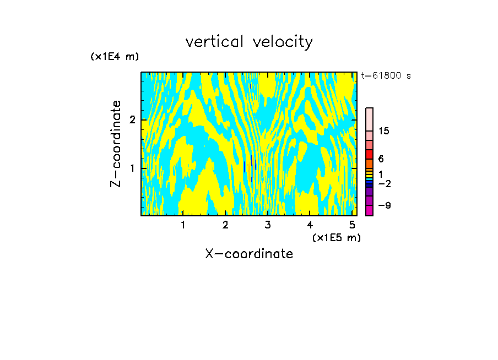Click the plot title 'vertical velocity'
(249, 42)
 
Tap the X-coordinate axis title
(249, 254)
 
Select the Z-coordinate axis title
(116, 144)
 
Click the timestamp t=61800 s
(386, 76)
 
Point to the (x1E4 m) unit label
(115, 57)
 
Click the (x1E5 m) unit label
(336, 237)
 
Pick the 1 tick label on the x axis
(183, 225)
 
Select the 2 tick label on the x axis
(225, 225)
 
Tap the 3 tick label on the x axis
(268, 225)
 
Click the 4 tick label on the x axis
(310, 225)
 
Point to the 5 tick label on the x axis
(352, 225)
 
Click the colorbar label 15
(384, 131)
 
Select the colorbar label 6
(381, 159)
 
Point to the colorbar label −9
(384, 205)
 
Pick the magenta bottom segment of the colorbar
(370, 210)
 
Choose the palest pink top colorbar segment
(370, 119)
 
